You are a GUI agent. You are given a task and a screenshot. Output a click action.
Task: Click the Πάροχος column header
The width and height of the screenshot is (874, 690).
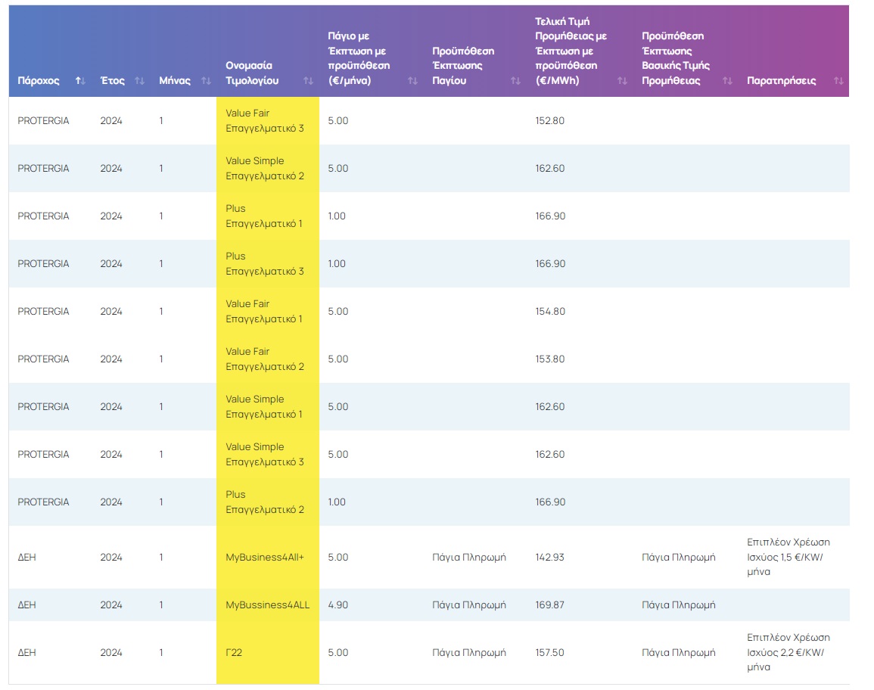point(39,81)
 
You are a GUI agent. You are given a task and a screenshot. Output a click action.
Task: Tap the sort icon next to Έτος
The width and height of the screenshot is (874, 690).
point(139,81)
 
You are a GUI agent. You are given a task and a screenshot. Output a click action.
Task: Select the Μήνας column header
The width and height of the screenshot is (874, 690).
point(175,81)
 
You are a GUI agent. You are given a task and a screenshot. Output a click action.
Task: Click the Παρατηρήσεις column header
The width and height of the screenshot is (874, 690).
point(782,81)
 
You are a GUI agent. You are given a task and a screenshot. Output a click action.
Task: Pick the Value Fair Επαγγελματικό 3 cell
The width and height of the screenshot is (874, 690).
point(265,121)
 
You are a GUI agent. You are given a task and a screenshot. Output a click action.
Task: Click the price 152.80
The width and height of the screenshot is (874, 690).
point(550,121)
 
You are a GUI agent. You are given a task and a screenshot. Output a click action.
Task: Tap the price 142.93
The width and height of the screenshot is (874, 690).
point(550,558)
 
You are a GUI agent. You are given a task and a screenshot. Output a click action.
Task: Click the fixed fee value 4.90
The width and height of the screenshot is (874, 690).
point(338,605)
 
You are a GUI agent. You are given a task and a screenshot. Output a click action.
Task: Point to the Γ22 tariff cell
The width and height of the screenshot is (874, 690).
point(234,653)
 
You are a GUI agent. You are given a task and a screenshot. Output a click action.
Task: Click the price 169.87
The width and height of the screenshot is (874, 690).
point(550,605)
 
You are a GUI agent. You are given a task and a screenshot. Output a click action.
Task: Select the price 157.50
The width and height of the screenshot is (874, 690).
point(550,653)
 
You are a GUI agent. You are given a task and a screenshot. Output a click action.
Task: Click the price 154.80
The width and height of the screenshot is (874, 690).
point(550,312)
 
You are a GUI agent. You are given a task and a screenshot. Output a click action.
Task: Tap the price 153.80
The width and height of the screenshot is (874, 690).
point(550,359)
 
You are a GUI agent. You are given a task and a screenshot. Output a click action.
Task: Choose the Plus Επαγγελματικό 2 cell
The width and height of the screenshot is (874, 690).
point(265,502)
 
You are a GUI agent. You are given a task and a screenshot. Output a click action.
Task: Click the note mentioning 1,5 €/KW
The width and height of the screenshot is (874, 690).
point(788,558)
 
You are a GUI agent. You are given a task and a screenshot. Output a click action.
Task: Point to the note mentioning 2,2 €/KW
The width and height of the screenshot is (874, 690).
point(788,653)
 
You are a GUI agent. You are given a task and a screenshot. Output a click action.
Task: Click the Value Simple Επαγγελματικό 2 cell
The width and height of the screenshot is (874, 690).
point(265,169)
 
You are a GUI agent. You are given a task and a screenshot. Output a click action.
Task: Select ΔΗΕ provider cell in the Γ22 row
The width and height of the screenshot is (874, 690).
point(26,653)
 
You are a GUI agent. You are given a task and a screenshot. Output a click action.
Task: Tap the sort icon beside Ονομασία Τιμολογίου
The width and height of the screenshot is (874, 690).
point(308,81)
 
